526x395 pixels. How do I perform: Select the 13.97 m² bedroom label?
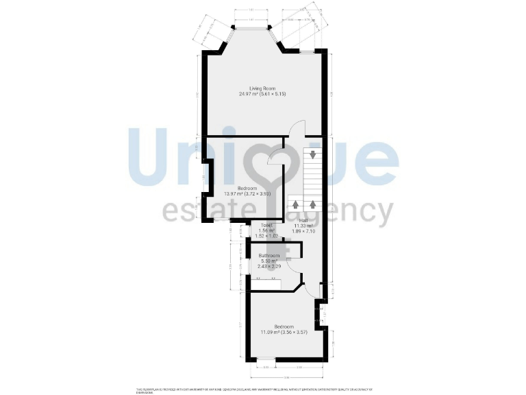[247, 188]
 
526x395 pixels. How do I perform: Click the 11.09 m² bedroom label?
[284, 326]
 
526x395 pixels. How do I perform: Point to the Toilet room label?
[266, 225]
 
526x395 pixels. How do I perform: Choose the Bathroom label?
[268, 256]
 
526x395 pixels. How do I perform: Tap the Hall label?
[303, 220]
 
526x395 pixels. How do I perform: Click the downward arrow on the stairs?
[313, 154]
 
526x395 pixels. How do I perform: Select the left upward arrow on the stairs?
[295, 204]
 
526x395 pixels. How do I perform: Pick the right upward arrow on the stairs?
[313, 204]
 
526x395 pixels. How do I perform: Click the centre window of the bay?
[253, 28]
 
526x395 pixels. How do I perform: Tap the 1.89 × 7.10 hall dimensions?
[303, 231]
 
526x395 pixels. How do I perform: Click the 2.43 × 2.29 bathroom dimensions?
[268, 266]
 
